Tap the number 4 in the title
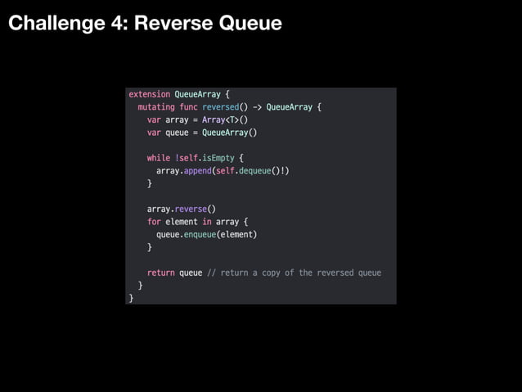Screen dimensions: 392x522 coord(116,24)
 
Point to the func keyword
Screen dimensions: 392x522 coord(189,107)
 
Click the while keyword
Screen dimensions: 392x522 coord(158,158)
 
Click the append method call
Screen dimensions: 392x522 coord(198,171)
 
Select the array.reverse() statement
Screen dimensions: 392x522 coord(181,209)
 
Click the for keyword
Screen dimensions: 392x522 coord(154,222)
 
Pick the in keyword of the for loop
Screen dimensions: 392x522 coord(207,222)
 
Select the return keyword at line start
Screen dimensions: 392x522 coord(160,273)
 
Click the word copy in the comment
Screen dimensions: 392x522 coord(270,273)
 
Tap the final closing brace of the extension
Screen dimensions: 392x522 coord(131,298)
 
